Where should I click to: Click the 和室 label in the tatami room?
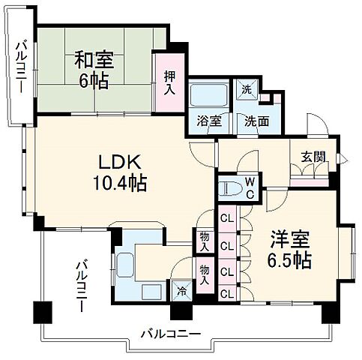click(94, 58)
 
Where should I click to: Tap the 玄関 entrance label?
click(313, 157)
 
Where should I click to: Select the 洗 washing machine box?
click(246, 88)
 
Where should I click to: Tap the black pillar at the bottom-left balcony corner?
click(41, 310)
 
